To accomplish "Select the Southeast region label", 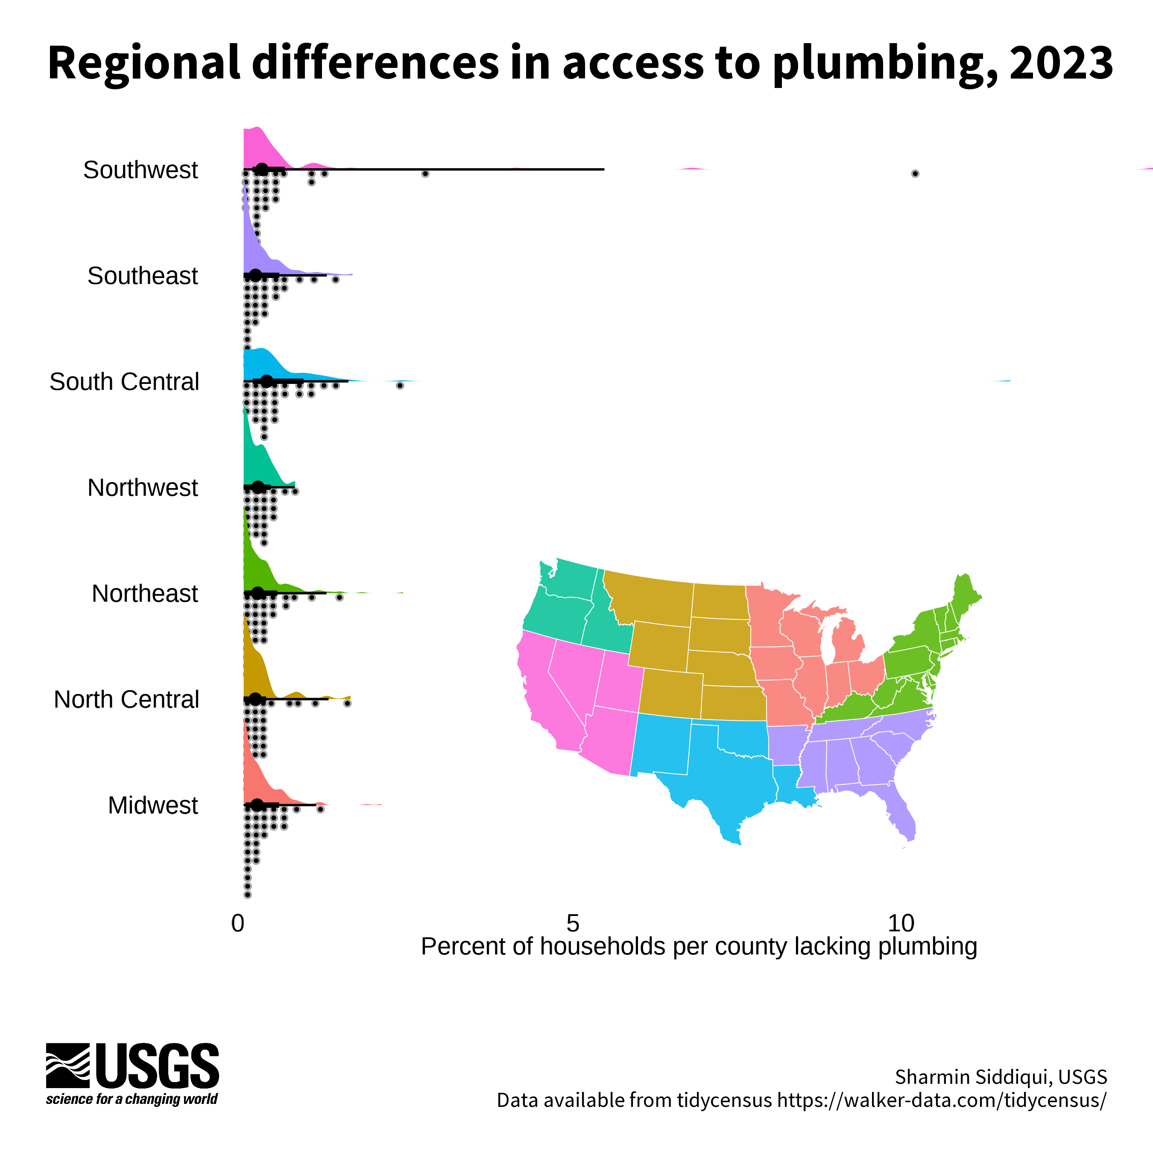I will point(143,276).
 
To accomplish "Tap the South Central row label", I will point(124,382).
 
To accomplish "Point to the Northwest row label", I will point(143,488).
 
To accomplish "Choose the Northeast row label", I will point(144,594).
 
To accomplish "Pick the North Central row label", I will point(126,699).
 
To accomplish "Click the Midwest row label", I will point(153,806).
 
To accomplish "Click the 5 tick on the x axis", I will point(573,923).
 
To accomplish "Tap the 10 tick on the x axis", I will point(901,923).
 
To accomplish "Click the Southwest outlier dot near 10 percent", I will point(915,174).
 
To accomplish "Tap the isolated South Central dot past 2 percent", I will point(400,386).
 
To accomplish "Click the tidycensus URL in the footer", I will point(942,1100).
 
